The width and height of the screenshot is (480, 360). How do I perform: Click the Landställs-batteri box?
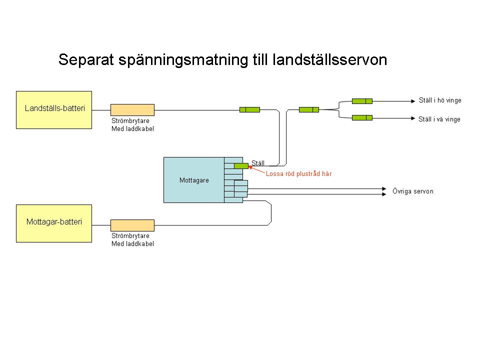[54, 110]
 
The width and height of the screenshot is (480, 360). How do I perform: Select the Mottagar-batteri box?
[54, 223]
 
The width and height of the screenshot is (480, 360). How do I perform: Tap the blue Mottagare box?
[194, 180]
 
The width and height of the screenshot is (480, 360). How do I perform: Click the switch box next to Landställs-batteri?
[132, 109]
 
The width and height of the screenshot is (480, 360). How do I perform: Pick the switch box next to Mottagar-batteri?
[132, 225]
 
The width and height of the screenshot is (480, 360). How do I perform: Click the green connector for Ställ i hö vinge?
[362, 101]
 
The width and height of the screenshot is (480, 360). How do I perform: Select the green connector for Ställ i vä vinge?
[362, 118]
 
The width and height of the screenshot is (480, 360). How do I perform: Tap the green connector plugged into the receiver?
[241, 165]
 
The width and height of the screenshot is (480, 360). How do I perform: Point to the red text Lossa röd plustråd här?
[298, 174]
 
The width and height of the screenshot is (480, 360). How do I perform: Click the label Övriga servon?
[413, 191]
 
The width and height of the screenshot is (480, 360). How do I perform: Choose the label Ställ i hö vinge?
[440, 100]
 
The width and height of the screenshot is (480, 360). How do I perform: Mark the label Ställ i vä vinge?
[439, 119]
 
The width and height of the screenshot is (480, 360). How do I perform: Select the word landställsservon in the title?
[330, 60]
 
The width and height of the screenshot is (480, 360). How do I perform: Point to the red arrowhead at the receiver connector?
[250, 168]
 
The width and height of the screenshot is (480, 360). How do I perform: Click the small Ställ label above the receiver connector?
[258, 162]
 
